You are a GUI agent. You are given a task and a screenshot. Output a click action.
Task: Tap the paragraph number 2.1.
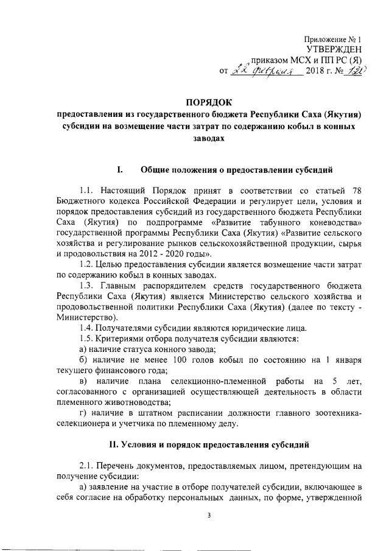click(x=88, y=464)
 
